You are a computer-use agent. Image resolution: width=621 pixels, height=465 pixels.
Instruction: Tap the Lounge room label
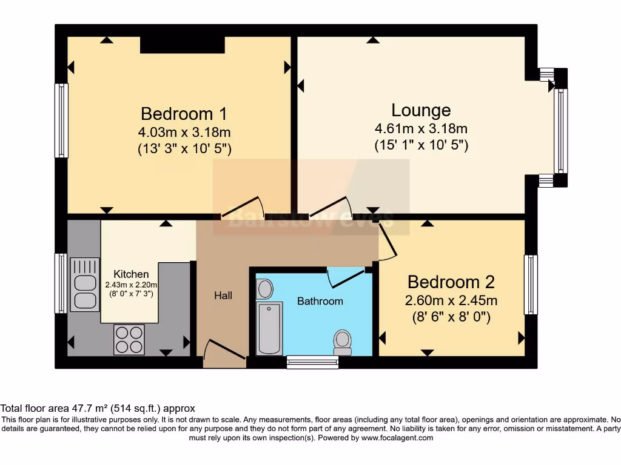[x=421, y=110]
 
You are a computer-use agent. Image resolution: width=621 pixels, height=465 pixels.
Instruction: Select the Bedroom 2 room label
[x=451, y=282]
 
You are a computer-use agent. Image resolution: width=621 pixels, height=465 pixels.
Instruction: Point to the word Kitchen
[x=131, y=274]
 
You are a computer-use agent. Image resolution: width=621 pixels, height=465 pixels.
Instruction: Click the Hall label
[x=223, y=295]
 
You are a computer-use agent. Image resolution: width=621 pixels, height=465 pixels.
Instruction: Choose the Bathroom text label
[x=320, y=301]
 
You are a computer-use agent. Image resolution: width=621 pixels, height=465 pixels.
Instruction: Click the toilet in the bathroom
[x=343, y=342]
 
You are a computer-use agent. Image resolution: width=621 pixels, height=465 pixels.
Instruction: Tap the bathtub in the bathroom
[x=269, y=328]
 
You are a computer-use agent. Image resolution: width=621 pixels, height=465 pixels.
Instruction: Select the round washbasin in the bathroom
[x=265, y=289]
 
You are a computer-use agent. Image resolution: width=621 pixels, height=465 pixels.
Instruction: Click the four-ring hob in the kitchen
[x=129, y=340]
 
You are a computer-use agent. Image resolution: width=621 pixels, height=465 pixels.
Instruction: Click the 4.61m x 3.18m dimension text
[x=421, y=128]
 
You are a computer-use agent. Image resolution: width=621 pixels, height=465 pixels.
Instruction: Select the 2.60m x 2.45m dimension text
[x=451, y=300]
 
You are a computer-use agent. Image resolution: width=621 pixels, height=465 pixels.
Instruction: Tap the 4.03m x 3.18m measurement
[x=184, y=131]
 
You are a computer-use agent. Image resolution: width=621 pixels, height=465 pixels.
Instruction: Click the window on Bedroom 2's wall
[x=531, y=285]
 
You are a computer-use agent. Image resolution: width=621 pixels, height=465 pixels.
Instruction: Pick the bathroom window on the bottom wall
[x=312, y=362]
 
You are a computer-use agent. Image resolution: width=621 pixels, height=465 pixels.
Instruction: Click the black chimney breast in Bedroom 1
[x=183, y=44]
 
